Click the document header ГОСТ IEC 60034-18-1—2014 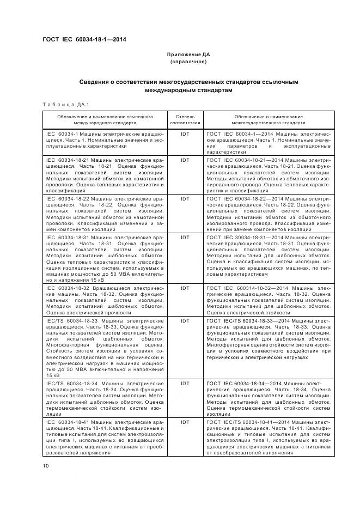tap(84, 40)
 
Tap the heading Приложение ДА tap(188, 54)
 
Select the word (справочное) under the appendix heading tap(188, 62)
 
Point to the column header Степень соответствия tap(185, 120)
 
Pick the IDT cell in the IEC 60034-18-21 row tap(185, 160)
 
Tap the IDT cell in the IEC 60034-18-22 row tap(185, 199)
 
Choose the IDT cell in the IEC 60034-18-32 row tap(185, 287)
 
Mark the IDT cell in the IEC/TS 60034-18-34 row tap(185, 384)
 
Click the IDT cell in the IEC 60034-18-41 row tap(185, 422)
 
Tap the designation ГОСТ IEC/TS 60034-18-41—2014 tap(252, 422)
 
